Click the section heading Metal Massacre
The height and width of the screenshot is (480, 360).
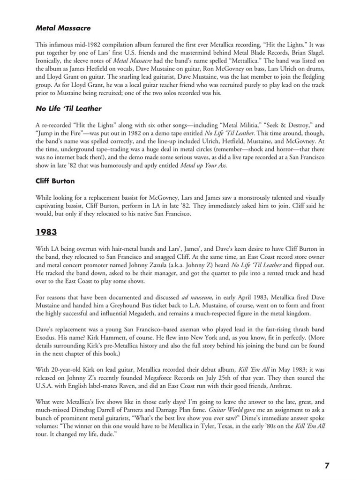pos(63,28)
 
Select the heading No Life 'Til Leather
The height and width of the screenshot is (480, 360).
pos(68,109)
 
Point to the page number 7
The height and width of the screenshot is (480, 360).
pos(327,465)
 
